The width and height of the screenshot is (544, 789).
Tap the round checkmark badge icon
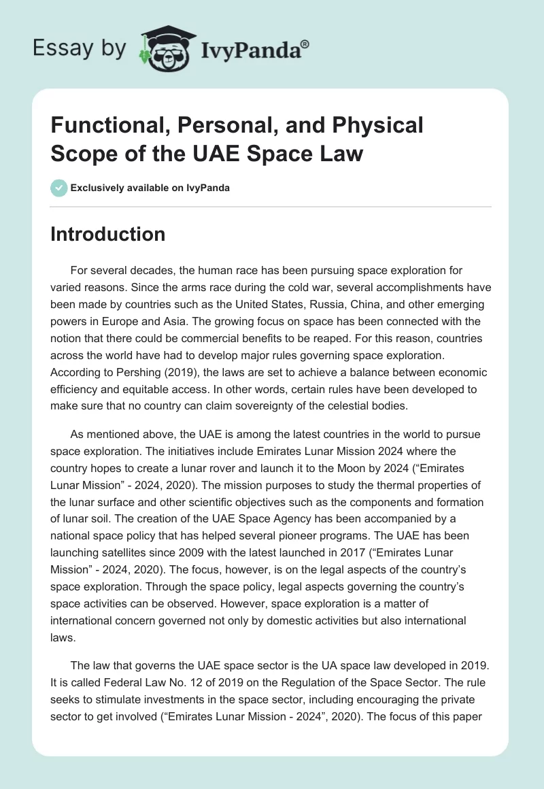60,188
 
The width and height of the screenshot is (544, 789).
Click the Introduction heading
108,234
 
